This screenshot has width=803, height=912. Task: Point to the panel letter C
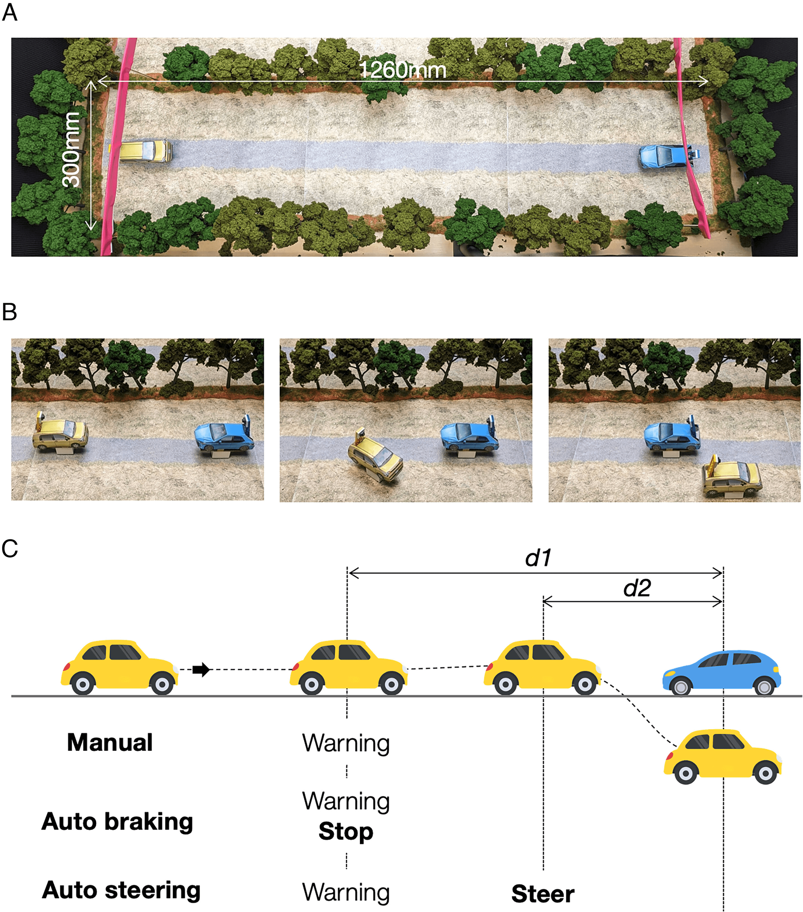point(10,548)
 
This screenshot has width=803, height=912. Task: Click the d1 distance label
point(538,558)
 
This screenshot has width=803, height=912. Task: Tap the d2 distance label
point(637,588)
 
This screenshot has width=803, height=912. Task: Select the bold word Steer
point(543,894)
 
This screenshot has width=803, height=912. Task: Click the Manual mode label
point(110,742)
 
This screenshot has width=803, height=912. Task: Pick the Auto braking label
point(117,822)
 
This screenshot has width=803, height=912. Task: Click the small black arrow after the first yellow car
point(201,669)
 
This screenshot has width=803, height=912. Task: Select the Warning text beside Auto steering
point(346,892)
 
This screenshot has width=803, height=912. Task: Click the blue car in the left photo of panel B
point(224,435)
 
